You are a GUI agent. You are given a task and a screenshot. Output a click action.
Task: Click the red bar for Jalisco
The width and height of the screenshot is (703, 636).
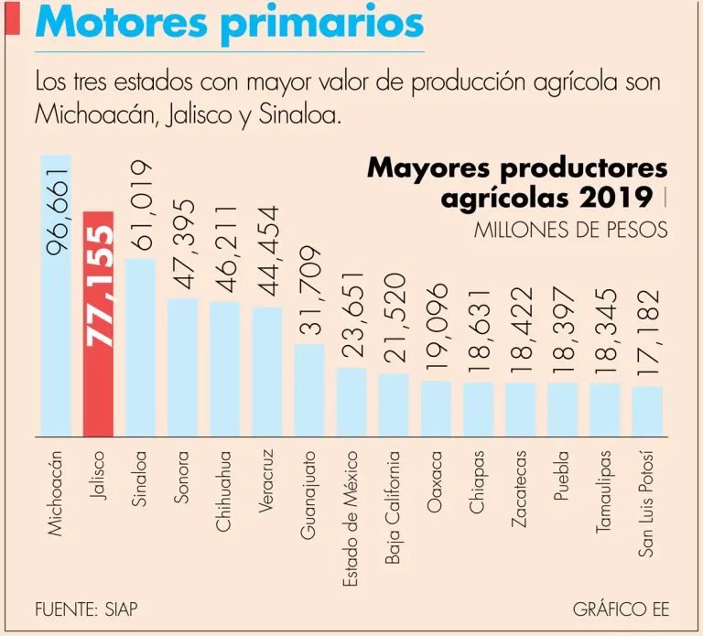[98, 384]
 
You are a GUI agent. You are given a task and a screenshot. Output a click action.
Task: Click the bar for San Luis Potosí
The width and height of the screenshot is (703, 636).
[647, 411]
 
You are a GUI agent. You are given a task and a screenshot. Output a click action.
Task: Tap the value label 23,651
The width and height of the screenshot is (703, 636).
[352, 315]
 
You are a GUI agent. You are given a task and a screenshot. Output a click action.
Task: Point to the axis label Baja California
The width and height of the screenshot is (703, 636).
[394, 508]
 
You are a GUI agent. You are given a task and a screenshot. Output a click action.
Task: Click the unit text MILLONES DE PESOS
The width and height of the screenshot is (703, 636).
[570, 230]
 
